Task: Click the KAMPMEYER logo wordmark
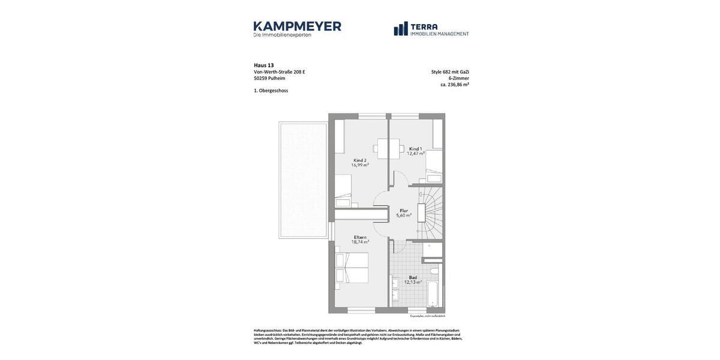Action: click(x=297, y=26)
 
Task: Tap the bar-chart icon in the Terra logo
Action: click(x=401, y=29)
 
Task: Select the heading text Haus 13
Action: click(x=263, y=65)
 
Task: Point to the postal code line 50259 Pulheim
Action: click(x=269, y=78)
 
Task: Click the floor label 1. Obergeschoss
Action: click(x=271, y=91)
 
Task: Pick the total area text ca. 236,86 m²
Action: click(x=454, y=85)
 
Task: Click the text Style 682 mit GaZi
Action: click(x=450, y=72)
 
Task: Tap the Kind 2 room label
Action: click(x=360, y=160)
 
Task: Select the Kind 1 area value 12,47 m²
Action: click(x=416, y=154)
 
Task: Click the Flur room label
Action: click(x=404, y=211)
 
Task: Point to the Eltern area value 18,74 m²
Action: click(x=360, y=242)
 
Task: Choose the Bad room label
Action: click(x=413, y=277)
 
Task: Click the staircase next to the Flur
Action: click(x=431, y=212)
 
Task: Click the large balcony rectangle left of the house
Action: click(x=303, y=180)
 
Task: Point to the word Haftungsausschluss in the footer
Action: click(x=268, y=331)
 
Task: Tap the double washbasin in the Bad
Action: click(x=395, y=289)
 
